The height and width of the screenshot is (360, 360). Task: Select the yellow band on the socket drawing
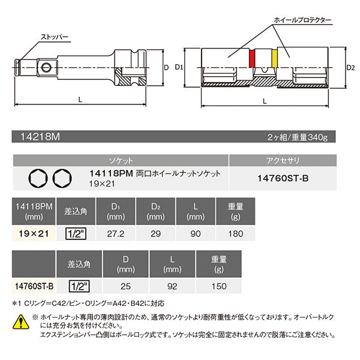pos(275,59)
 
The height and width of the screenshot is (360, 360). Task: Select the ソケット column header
pos(121,161)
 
